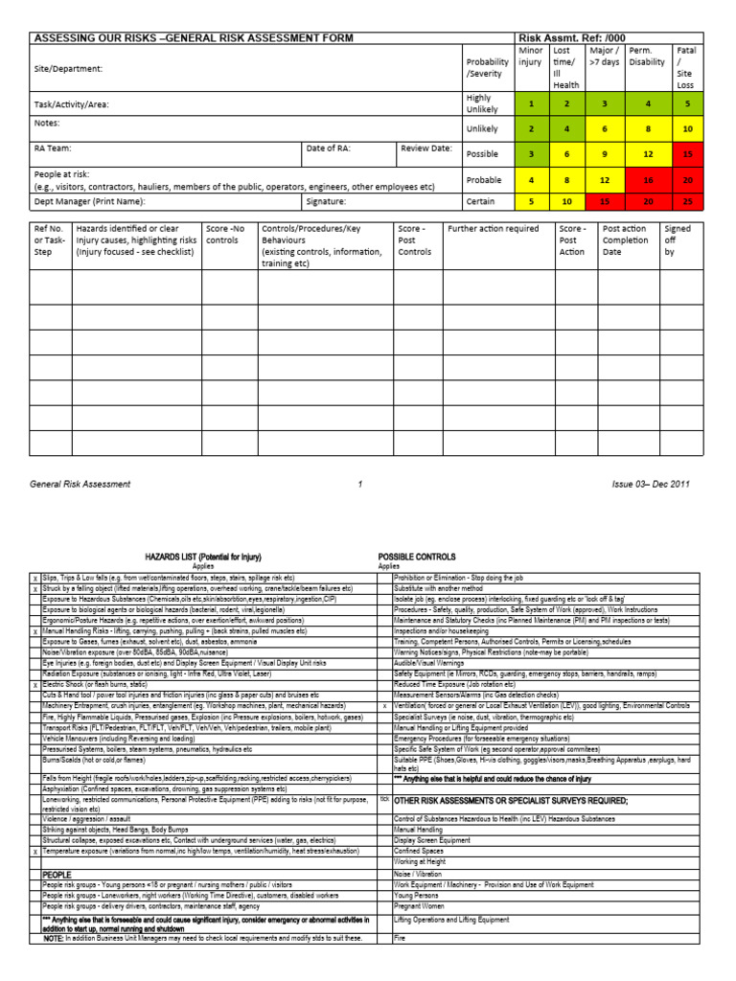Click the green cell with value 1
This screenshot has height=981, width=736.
point(532,103)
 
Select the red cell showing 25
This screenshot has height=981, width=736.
point(687,202)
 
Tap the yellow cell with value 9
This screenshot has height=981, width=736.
point(605,152)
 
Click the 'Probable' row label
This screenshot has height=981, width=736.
point(483,179)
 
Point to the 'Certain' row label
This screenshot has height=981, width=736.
point(481,202)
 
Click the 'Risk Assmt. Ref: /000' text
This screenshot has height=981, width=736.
point(571,38)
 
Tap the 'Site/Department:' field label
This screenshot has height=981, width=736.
point(68,69)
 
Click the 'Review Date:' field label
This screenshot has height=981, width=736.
point(426,148)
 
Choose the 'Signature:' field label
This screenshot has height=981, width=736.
point(326,202)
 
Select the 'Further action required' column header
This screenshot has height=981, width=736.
point(494,230)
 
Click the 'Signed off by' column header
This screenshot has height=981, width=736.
point(678,241)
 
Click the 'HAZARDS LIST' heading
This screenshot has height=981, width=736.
point(202,557)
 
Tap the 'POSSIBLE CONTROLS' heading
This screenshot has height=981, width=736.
point(418,557)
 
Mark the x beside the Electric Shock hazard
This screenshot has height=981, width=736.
point(35,686)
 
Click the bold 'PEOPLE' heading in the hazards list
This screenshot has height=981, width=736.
point(57,876)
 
